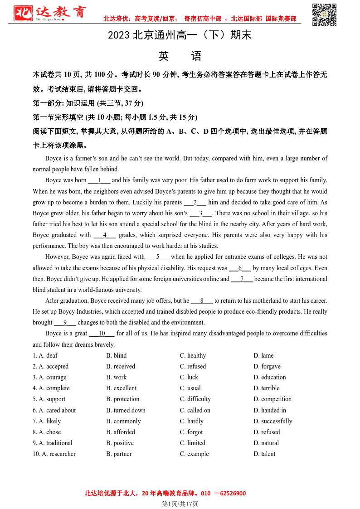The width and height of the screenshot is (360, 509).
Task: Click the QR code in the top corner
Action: click(x=324, y=15)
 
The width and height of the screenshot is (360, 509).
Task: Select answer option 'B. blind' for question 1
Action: click(x=117, y=355)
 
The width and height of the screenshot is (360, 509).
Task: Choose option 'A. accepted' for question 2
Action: click(x=50, y=366)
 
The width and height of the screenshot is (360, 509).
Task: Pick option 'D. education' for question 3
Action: click(x=270, y=377)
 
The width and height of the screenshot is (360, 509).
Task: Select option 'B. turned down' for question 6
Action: click(x=126, y=410)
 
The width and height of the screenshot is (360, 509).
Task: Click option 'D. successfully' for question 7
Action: click(x=273, y=421)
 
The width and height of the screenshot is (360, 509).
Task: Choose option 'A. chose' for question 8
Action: click(x=47, y=432)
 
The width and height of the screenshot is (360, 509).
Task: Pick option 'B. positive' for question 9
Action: click(x=120, y=443)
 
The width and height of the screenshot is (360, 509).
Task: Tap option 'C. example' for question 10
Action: click(x=195, y=454)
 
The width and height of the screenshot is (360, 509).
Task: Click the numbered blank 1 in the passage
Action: click(x=99, y=180)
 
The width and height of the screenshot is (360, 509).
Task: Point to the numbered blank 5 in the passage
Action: click(x=158, y=257)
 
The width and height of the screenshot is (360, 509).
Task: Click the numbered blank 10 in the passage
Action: click(x=102, y=333)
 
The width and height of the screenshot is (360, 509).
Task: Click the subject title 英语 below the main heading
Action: click(x=180, y=56)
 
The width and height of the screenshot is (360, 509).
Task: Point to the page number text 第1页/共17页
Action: click(x=180, y=504)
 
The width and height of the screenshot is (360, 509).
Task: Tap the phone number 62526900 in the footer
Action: click(x=233, y=493)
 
